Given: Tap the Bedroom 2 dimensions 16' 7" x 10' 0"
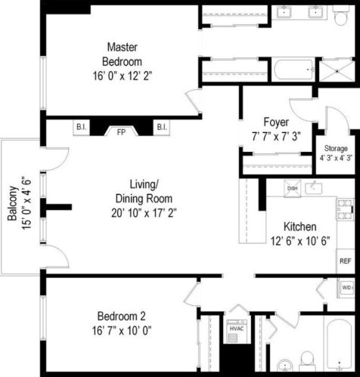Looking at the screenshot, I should tap(126, 329).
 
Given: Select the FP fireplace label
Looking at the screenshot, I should tap(120, 131).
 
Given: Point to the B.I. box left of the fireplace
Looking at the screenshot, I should tap(81, 127).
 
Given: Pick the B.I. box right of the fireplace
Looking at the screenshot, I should tap(161, 127).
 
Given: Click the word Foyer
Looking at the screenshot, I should tap(275, 122).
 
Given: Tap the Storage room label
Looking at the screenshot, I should tap(336, 148).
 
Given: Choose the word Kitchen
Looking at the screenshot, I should tap(299, 227).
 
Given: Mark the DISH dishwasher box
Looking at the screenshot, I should tap(292, 190).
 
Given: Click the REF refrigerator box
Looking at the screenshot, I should tap(345, 261).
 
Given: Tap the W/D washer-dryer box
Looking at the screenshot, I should tap(346, 288).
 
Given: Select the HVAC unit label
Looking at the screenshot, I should tap(234, 329).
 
